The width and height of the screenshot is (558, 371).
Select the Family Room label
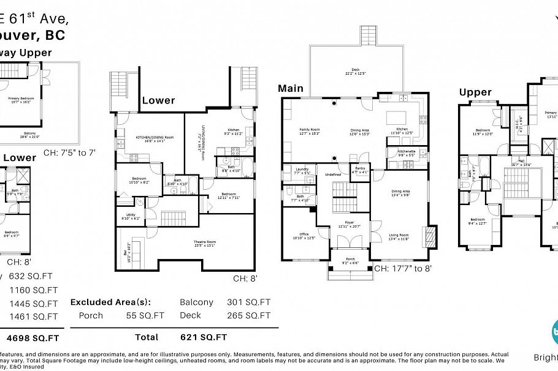point(310,130)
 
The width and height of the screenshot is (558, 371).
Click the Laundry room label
point(302,170)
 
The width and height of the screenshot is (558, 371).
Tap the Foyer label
point(349,222)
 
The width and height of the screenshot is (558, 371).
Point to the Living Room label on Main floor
point(399,234)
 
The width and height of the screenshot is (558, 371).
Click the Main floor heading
point(291,89)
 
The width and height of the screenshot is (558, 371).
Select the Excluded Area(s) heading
point(110,302)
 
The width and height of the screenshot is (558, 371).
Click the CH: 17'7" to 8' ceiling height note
point(407,268)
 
